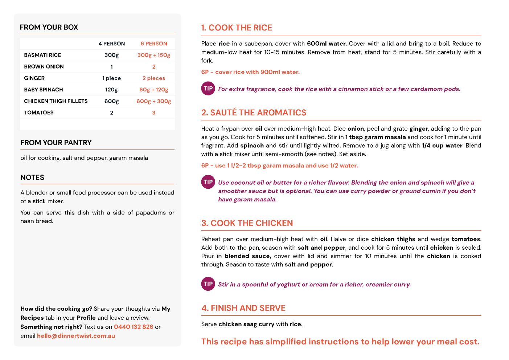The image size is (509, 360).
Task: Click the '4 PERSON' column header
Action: tap(111, 44)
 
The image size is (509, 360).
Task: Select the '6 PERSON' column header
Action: tap(154, 44)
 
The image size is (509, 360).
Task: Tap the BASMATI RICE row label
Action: tap(42, 55)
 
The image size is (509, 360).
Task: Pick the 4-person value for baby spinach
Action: tap(111, 90)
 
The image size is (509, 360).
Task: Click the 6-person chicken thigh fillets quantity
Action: tap(154, 101)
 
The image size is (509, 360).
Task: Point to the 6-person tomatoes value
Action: tap(154, 113)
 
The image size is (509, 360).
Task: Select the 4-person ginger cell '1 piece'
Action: tap(111, 78)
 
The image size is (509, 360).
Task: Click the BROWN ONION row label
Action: tap(44, 67)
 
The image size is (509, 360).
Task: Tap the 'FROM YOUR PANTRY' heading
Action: tap(56, 143)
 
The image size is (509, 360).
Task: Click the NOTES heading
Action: tap(32, 177)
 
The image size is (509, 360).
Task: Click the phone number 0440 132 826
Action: tap(134, 327)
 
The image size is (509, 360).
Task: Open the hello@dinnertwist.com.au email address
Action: tap(76, 336)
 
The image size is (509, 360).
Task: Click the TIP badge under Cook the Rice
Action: tap(208, 89)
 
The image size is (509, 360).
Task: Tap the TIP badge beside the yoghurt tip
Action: tap(208, 284)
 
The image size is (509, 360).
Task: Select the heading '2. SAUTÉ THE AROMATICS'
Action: tap(254, 113)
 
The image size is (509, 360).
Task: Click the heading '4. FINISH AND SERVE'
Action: tap(243, 308)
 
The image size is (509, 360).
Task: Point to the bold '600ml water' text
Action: tap(326, 44)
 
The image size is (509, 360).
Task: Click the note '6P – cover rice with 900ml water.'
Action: tap(250, 72)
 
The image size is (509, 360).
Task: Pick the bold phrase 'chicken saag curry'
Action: tap(246, 324)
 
